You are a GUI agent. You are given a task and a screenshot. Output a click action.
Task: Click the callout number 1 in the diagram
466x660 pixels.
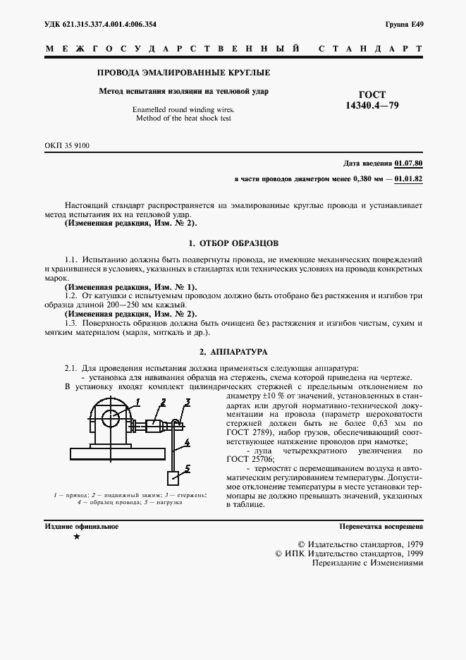139,402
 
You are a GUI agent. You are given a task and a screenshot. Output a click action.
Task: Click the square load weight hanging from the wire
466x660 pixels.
173,477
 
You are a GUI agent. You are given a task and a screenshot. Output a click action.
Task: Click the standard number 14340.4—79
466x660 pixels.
372,106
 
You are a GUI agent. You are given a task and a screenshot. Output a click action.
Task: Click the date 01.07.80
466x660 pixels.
409,164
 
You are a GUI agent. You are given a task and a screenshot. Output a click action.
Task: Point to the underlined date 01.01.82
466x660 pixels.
409,180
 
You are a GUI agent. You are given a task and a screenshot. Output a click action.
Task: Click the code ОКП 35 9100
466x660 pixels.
67,145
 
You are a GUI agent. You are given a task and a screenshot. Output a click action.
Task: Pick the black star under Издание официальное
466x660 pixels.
75,538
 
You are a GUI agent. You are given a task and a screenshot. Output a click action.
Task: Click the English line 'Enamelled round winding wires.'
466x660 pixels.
183,110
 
